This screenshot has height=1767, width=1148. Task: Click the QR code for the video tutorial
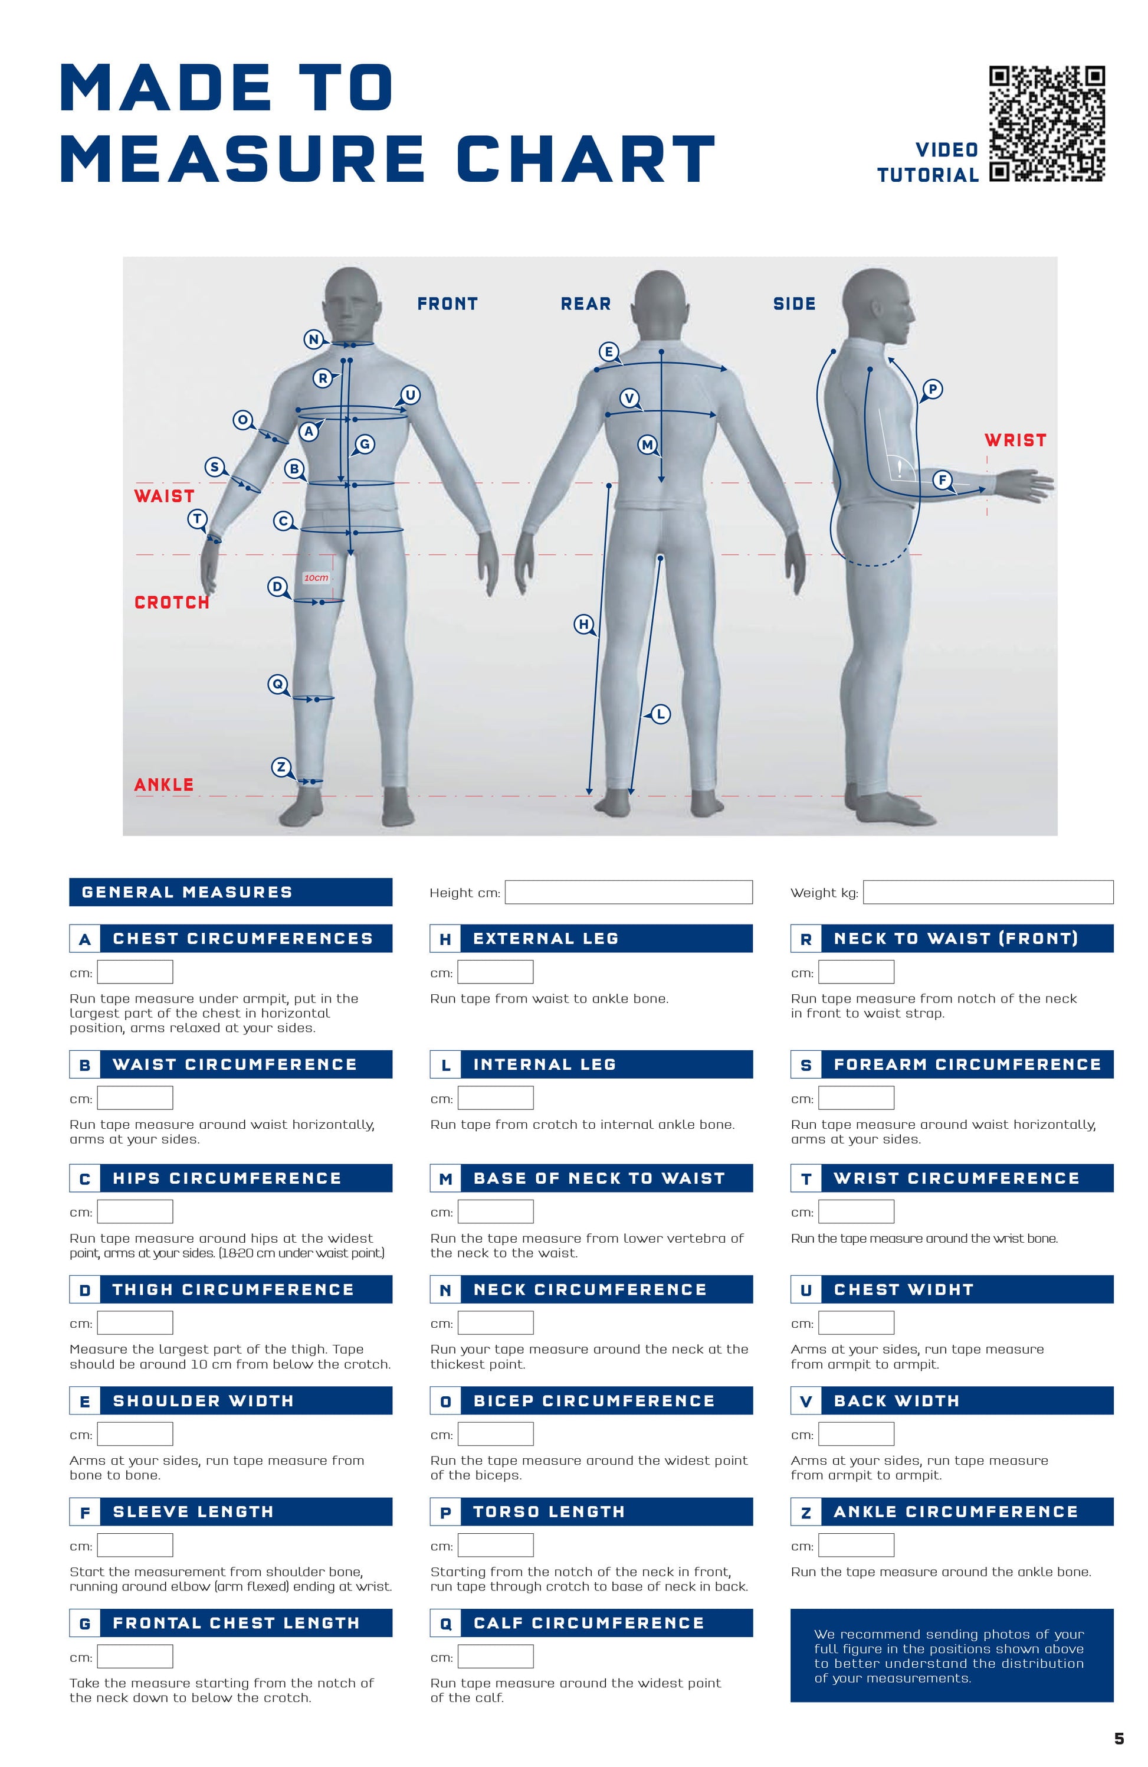point(1047,124)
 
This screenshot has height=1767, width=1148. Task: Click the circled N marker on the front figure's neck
point(313,339)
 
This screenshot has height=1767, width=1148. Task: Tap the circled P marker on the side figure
point(933,388)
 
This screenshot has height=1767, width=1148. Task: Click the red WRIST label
point(1015,440)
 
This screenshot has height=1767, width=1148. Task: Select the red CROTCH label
point(172,602)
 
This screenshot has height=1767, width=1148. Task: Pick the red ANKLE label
point(164,785)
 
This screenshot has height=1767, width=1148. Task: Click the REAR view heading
point(585,303)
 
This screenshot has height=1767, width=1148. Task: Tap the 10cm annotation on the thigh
point(316,577)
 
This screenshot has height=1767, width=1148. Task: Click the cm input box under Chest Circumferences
point(135,972)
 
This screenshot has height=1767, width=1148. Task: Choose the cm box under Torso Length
point(496,1545)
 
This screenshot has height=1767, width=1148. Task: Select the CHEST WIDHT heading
point(903,1289)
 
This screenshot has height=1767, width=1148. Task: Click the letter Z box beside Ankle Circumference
point(806,1513)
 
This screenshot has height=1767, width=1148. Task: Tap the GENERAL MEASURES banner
point(231,891)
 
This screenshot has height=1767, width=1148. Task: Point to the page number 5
point(1119,1738)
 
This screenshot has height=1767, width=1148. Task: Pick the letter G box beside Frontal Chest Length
point(84,1624)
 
